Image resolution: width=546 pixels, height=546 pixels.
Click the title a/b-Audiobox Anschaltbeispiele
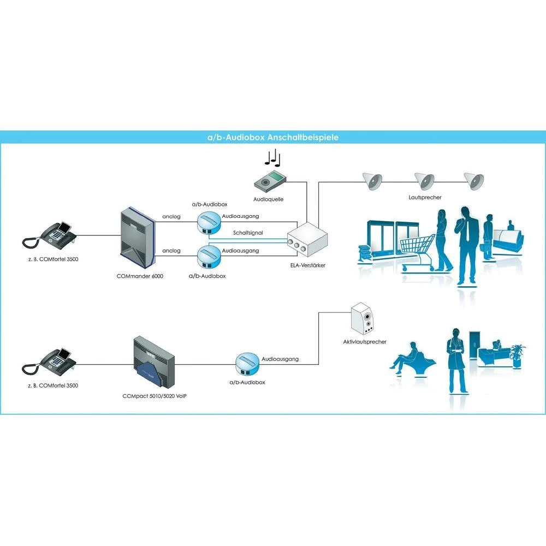click(x=272, y=137)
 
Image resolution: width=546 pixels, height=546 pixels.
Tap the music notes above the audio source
click(x=271, y=159)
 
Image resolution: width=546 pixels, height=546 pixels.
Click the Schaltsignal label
click(x=248, y=233)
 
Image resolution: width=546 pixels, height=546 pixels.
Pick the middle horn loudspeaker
click(x=424, y=180)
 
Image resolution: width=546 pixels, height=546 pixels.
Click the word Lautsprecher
click(x=424, y=197)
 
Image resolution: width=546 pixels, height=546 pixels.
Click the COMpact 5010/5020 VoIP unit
click(x=153, y=361)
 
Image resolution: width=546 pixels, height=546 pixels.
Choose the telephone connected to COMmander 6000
click(x=51, y=235)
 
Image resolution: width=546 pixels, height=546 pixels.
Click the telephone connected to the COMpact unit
click(x=51, y=361)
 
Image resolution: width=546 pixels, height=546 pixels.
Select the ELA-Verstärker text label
click(x=308, y=265)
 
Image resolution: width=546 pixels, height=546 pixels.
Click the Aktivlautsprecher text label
click(x=364, y=342)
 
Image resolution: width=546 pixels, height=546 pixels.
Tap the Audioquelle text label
click(x=268, y=200)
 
